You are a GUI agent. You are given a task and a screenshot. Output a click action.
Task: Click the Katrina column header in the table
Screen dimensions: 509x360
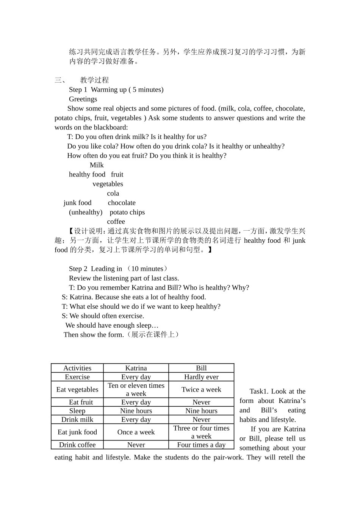pyautogui.click(x=136, y=368)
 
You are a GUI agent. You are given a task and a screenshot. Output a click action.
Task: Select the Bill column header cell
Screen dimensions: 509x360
pyautogui.click(x=201, y=368)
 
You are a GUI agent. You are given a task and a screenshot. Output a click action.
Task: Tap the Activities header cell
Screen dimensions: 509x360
pyautogui.click(x=77, y=368)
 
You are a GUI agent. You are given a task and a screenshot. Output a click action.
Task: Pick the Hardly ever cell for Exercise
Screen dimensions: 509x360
pyautogui.click(x=201, y=377)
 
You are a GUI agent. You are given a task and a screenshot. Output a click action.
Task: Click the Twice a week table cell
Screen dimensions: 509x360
pyautogui.click(x=201, y=389)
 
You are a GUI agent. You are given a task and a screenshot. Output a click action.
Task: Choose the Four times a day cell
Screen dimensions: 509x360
pyautogui.click(x=201, y=445)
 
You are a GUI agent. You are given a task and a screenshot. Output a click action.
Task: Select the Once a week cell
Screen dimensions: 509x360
pyautogui.click(x=136, y=432)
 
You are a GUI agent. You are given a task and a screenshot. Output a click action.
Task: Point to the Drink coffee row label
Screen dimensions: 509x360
pyautogui.click(x=77, y=445)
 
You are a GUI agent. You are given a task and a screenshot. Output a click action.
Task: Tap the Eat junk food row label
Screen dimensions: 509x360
pyautogui.click(x=77, y=432)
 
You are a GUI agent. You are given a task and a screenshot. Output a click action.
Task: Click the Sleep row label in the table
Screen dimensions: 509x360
pyautogui.click(x=77, y=411)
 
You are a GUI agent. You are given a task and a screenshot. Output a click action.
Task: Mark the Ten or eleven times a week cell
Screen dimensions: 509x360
pyautogui.click(x=136, y=389)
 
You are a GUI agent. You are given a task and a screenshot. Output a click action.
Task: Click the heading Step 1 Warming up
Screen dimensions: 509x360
pyautogui.click(x=116, y=90)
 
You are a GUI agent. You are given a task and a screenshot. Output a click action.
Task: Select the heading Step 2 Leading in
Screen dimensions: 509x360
pyautogui.click(x=95, y=269)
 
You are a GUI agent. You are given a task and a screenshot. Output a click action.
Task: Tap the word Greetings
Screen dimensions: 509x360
pyautogui.click(x=83, y=99)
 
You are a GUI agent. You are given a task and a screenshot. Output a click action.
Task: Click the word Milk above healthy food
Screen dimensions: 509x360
pyautogui.click(x=97, y=165)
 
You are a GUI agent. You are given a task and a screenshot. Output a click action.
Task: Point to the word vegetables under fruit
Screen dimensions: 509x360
pyautogui.click(x=108, y=184)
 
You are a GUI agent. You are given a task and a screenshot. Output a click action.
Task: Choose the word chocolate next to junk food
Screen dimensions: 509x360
pyautogui.click(x=121, y=203)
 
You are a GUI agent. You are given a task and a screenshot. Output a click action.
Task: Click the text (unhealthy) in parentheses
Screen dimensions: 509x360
pyautogui.click(x=86, y=212)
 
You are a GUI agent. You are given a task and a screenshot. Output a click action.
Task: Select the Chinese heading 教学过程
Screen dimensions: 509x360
pyautogui.click(x=94, y=80)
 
